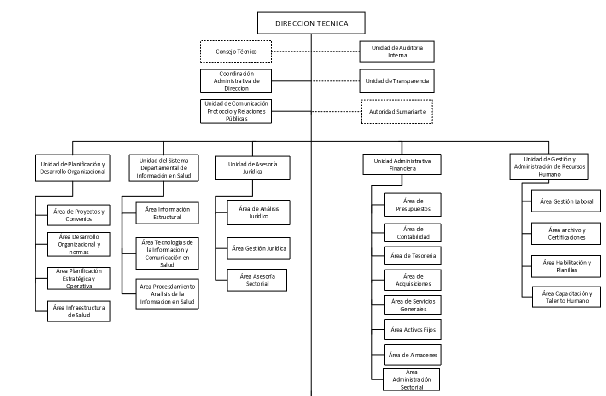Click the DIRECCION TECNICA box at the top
click(311, 23)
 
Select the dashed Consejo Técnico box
click(236, 52)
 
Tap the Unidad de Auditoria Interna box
click(397, 52)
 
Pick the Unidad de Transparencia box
click(397, 81)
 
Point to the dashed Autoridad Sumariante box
click(397, 112)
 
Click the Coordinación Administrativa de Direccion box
click(236, 81)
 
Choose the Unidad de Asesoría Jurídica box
click(252, 168)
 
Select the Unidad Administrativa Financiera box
click(402, 165)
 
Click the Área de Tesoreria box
click(413, 256)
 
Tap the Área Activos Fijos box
click(413, 330)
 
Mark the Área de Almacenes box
click(413, 355)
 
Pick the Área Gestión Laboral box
click(566, 201)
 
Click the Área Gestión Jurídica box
click(258, 248)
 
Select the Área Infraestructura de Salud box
click(79, 311)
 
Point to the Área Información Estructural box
click(167, 213)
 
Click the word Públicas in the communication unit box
click(237, 119)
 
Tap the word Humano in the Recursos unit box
click(549, 174)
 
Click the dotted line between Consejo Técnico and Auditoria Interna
click(316, 52)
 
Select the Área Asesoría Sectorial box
click(257, 280)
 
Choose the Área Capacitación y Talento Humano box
click(567, 297)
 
